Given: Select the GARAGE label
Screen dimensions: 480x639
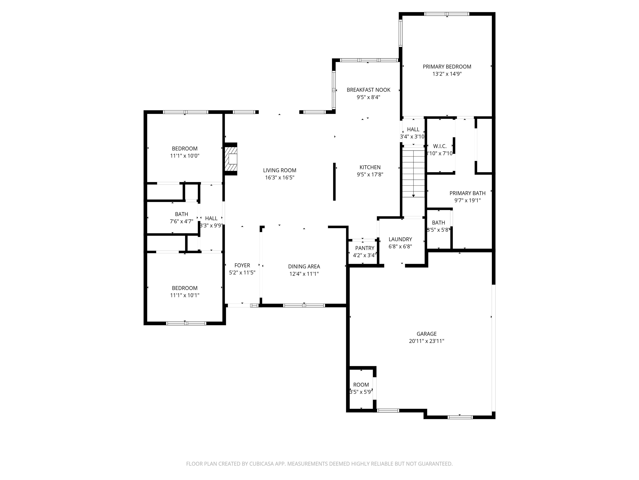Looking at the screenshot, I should point(426,334).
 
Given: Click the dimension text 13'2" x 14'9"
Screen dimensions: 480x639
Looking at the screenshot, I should point(447,74).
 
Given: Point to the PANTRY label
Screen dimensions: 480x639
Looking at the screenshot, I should point(365,248).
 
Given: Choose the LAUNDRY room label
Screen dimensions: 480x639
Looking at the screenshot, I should point(400,239).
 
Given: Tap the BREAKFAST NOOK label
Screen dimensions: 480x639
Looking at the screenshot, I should point(368,90).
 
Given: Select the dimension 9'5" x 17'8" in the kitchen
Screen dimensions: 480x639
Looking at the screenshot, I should point(370,174).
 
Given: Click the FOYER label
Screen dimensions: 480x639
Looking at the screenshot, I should point(242,265).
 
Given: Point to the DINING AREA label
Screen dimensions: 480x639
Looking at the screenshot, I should point(304,266).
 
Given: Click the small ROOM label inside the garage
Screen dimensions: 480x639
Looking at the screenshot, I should point(361,385).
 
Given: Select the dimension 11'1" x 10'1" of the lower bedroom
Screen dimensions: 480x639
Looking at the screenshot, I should point(185,295).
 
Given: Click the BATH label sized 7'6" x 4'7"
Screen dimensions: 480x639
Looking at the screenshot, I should point(181,214).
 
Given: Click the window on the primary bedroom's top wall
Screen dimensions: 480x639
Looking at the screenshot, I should point(447,14).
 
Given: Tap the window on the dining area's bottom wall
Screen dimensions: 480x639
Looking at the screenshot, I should point(304,305).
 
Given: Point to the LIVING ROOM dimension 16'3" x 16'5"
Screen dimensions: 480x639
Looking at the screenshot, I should point(280,178).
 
